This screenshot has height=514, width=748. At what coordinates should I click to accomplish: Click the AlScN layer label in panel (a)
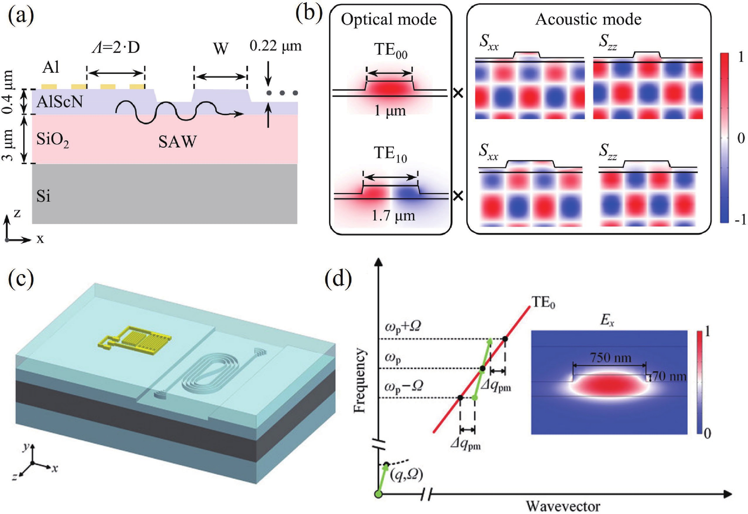60,102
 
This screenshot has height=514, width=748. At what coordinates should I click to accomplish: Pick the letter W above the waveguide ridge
221,49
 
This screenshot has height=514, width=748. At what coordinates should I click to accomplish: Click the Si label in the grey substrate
43,196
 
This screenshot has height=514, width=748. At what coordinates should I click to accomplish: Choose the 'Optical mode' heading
389,20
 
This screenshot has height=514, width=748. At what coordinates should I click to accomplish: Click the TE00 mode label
390,52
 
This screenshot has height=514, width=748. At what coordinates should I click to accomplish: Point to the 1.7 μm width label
393,216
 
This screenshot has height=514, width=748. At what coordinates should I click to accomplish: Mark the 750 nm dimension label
611,358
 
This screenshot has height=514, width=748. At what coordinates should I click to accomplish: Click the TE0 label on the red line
543,303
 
